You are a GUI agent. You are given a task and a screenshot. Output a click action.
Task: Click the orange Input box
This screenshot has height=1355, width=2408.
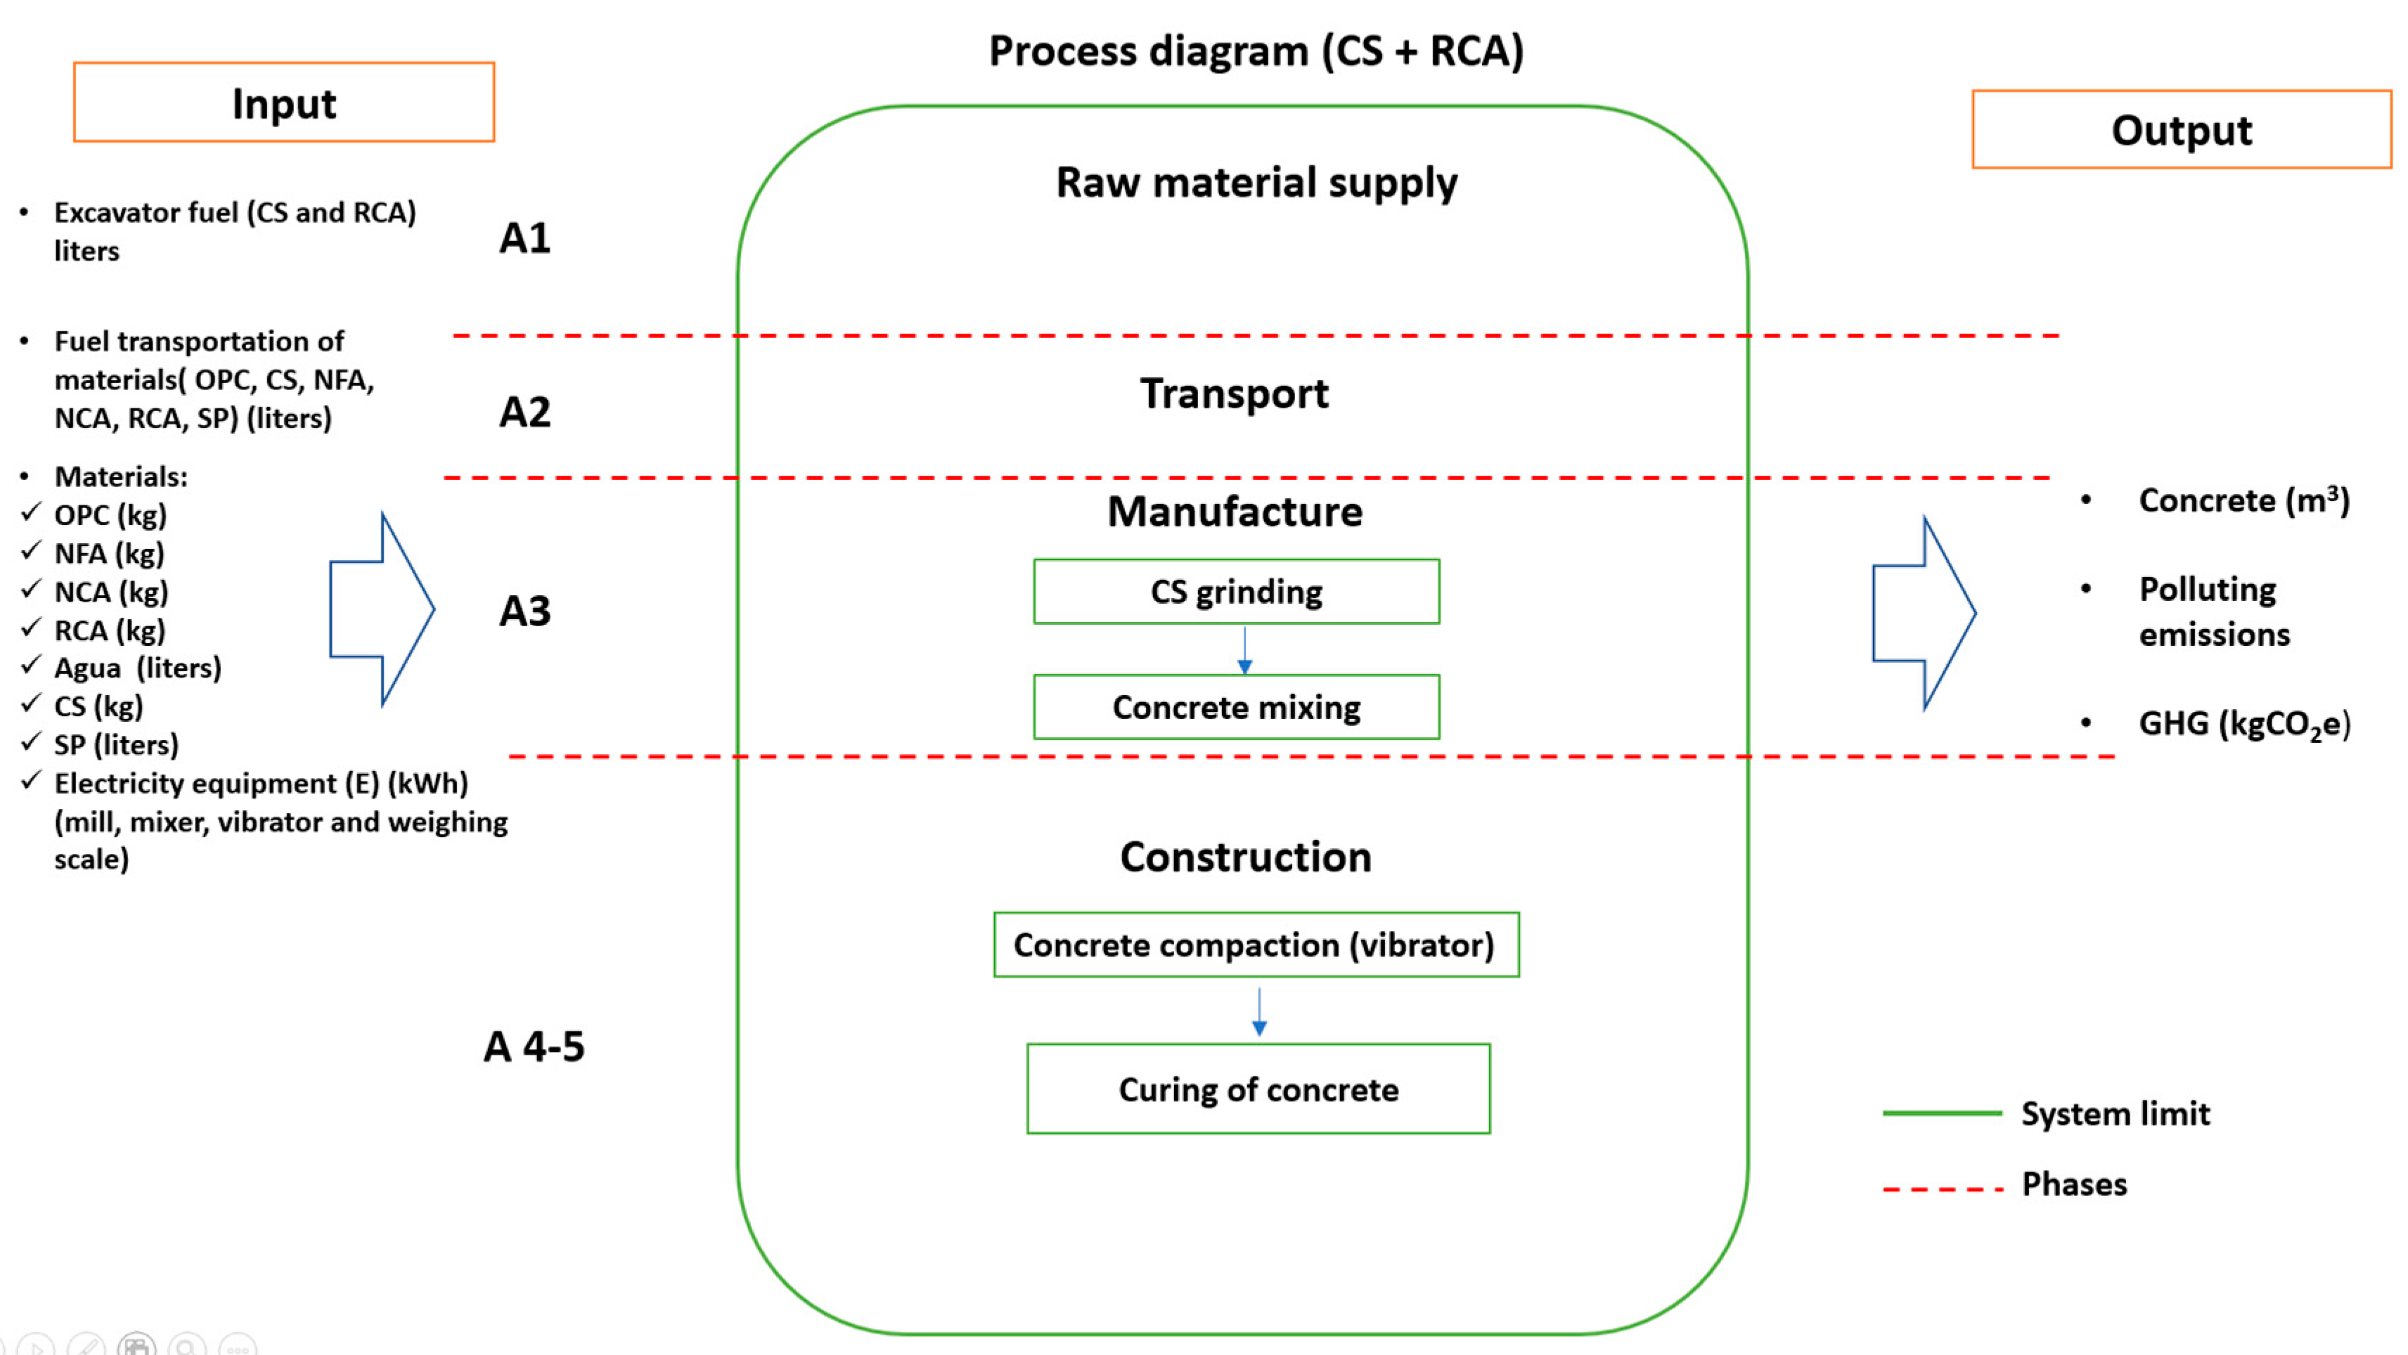pyautogui.click(x=283, y=103)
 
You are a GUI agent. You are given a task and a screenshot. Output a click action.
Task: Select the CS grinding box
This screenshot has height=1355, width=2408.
pyautogui.click(x=1236, y=592)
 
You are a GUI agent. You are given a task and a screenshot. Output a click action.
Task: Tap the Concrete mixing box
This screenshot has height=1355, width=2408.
pyautogui.click(x=1236, y=708)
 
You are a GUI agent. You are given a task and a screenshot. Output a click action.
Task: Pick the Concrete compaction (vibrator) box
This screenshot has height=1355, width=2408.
pyautogui.click(x=1256, y=945)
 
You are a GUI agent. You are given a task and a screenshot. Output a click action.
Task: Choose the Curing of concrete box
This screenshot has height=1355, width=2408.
pyautogui.click(x=1258, y=1089)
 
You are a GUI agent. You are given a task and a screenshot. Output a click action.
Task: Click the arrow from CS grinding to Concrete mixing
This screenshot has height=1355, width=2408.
pyautogui.click(x=1244, y=650)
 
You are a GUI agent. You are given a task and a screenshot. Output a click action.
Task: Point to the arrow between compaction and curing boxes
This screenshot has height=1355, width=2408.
pyautogui.click(x=1259, y=1012)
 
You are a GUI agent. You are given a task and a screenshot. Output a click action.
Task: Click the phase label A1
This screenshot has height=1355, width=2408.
pyautogui.click(x=524, y=238)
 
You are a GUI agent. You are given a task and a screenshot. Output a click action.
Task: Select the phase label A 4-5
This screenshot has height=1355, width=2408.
pyautogui.click(x=534, y=1046)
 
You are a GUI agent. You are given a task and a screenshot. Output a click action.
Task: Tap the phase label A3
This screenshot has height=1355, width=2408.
pyautogui.click(x=524, y=611)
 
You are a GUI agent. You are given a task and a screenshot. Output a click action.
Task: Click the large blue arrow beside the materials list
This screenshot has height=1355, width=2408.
pyautogui.click(x=381, y=609)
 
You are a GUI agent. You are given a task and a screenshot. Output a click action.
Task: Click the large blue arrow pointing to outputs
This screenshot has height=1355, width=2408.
pyautogui.click(x=1924, y=613)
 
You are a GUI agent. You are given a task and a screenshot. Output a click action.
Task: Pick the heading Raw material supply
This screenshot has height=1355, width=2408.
pyautogui.click(x=1256, y=182)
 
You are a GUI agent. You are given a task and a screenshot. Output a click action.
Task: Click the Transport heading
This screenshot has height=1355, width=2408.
pyautogui.click(x=1234, y=394)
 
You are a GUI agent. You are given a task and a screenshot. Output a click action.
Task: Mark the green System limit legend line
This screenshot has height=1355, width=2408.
pyautogui.click(x=1942, y=1113)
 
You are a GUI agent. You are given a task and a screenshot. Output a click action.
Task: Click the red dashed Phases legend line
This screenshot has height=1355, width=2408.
pyautogui.click(x=1942, y=1190)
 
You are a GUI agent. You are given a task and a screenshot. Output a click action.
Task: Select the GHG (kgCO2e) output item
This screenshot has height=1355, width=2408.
pyautogui.click(x=2243, y=724)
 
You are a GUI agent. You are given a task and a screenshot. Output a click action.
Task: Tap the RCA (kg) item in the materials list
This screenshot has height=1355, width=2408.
pyautogui.click(x=110, y=631)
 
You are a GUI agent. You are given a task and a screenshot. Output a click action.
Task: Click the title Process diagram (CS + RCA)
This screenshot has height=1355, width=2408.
pyautogui.click(x=1256, y=51)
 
